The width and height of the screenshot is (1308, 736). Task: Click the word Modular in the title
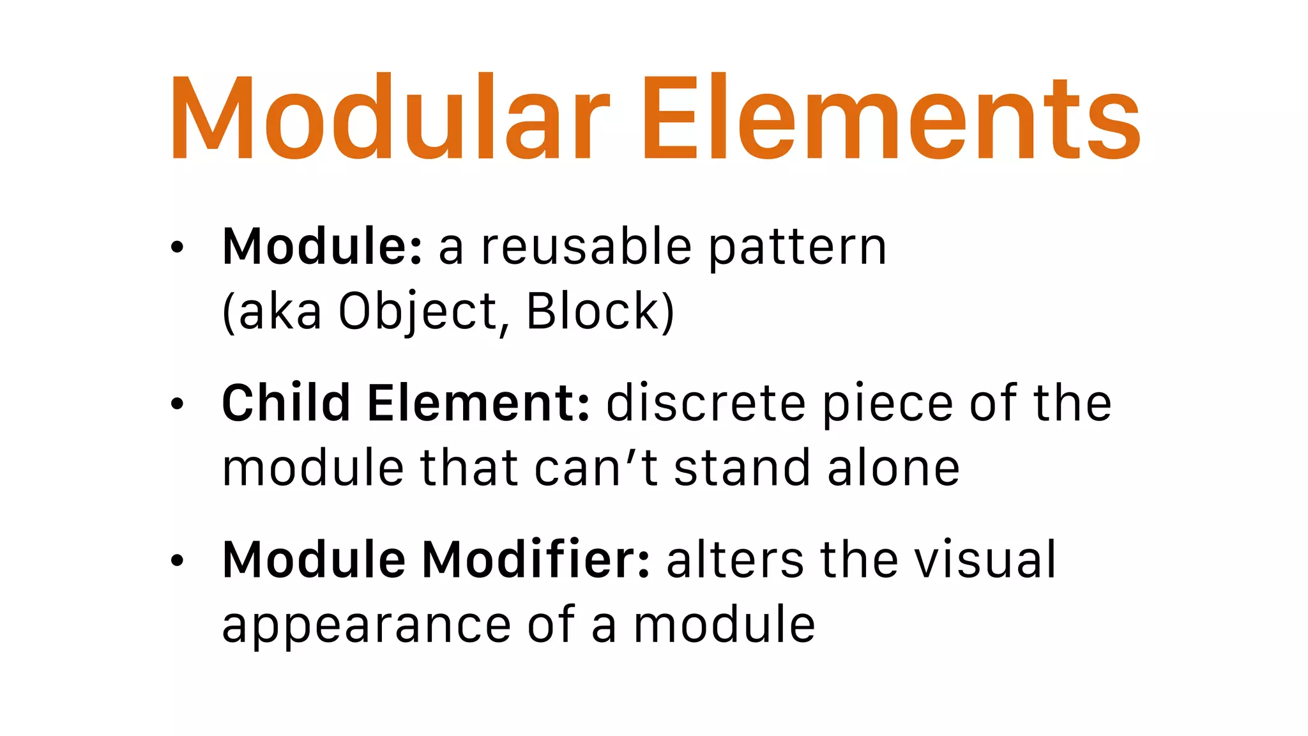click(x=390, y=118)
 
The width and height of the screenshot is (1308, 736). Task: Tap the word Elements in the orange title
click(x=890, y=118)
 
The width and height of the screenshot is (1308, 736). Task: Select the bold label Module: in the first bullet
click(x=322, y=247)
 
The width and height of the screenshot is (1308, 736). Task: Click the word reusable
click(x=586, y=247)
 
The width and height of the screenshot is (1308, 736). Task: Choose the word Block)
click(x=600, y=312)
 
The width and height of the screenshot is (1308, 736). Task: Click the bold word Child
click(x=286, y=403)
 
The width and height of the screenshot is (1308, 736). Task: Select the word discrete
click(x=706, y=403)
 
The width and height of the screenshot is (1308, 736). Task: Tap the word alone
click(x=894, y=468)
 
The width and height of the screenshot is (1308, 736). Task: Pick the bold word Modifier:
click(x=536, y=560)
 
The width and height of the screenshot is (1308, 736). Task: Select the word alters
click(x=735, y=560)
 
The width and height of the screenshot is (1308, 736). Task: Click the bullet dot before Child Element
click(x=178, y=404)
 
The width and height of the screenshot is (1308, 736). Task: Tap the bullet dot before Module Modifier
click(x=178, y=560)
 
